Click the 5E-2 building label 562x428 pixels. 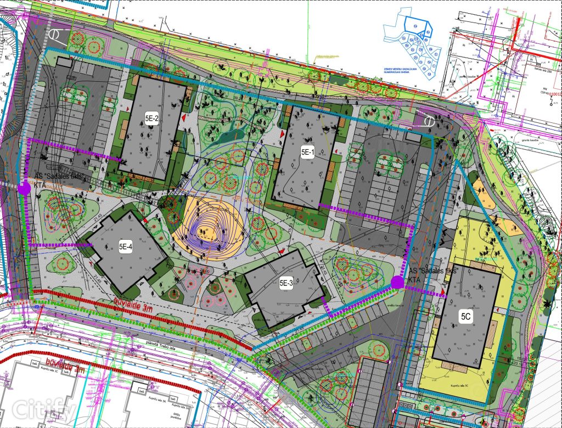point(151,119)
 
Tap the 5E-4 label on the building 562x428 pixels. point(126,247)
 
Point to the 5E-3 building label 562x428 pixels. point(286,283)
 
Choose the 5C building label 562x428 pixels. point(466,317)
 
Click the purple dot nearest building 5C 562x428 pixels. point(397,282)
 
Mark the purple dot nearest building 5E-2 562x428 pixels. point(24,188)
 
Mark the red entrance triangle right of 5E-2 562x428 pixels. point(184,118)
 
